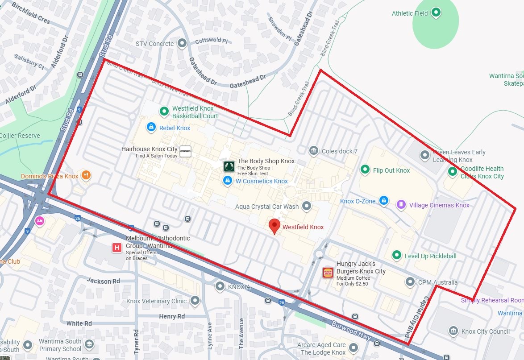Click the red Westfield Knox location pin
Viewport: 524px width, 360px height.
click(274, 226)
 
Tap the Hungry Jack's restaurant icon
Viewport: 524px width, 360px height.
click(328, 272)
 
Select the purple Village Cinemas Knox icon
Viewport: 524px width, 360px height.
click(401, 205)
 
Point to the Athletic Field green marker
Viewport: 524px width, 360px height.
click(436, 12)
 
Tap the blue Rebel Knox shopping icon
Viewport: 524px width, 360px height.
click(151, 128)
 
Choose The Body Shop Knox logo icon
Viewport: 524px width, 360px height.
click(229, 167)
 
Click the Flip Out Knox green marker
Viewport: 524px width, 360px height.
click(365, 170)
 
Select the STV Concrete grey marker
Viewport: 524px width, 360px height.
click(182, 43)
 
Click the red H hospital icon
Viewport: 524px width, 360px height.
click(117, 248)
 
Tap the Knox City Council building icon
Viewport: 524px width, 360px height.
click(453, 331)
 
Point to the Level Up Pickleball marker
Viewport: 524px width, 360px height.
click(396, 255)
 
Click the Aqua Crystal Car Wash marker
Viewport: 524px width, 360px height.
click(307, 206)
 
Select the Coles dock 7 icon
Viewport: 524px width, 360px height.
click(314, 151)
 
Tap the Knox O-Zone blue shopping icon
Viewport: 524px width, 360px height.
click(383, 201)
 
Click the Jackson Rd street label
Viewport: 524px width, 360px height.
click(104, 281)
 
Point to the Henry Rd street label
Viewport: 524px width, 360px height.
click(172, 316)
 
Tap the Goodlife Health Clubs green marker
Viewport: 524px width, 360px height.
click(453, 171)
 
